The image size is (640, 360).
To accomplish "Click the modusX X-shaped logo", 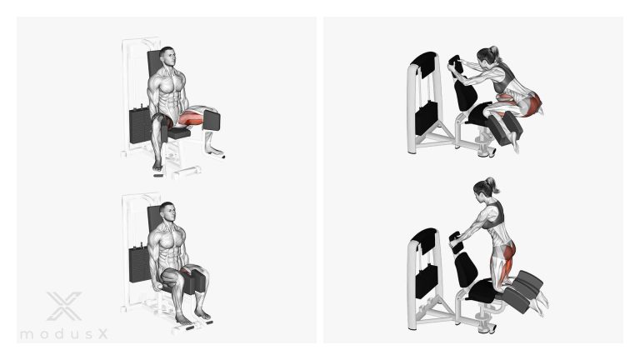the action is (x=64, y=306).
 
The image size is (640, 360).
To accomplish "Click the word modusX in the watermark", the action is (x=63, y=334).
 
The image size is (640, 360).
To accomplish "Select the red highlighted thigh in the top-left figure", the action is (x=191, y=118).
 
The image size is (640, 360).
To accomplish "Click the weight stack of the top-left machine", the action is (x=140, y=125).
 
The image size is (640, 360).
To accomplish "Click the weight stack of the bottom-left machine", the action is (x=140, y=264).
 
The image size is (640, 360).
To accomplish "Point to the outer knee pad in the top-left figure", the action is (x=212, y=121).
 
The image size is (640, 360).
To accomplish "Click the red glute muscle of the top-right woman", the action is (x=531, y=104).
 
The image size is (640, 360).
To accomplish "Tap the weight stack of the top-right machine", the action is (x=426, y=118).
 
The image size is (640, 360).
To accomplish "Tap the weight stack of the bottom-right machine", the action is (x=427, y=281).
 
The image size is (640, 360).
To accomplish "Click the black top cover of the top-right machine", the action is (x=424, y=64).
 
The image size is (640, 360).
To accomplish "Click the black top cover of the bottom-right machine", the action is (x=424, y=241).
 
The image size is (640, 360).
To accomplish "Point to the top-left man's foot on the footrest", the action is (x=157, y=165).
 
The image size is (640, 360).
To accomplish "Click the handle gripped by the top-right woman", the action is (x=456, y=66).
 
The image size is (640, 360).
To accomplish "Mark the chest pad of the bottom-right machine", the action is (x=466, y=270).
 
